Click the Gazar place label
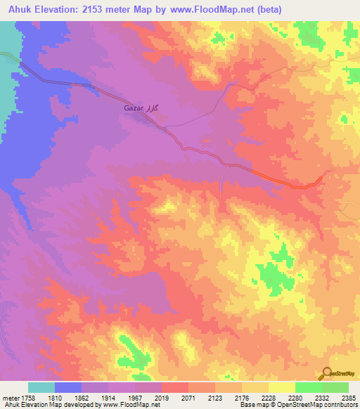click(x=134, y=110)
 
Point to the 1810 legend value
click(x=55, y=398)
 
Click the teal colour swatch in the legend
click(x=41, y=387)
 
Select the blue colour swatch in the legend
click(x=68, y=387)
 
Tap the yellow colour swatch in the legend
click(x=281, y=387)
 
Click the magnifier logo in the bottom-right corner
click(x=328, y=374)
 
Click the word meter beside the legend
click(x=10, y=398)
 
